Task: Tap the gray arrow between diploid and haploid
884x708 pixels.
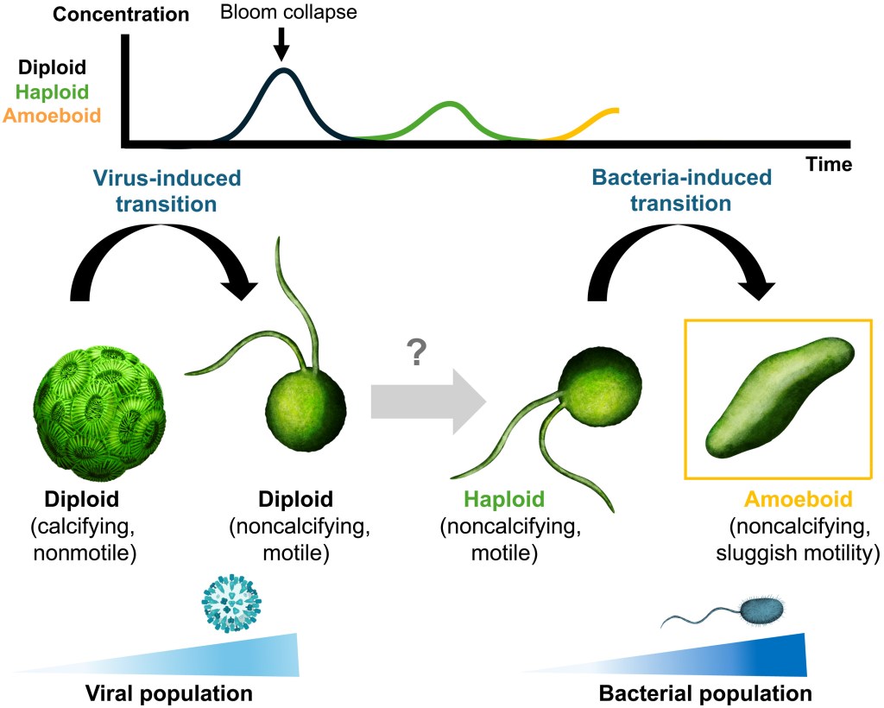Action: click(426, 402)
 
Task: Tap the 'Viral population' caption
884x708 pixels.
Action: click(168, 692)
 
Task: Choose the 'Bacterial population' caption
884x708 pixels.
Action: click(704, 692)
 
